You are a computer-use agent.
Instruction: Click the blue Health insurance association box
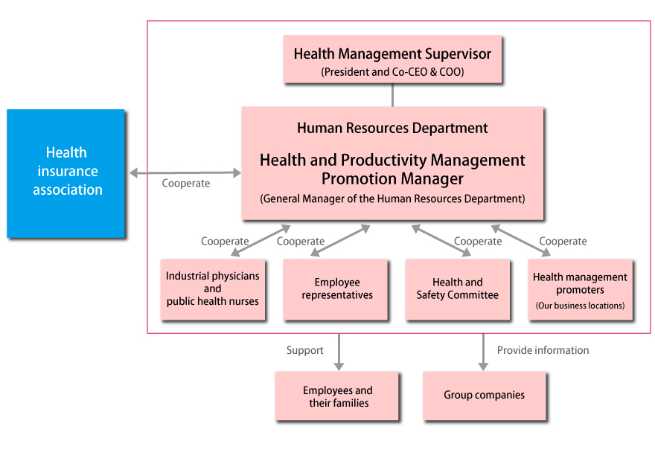[65, 172]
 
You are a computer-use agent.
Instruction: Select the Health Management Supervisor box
[392, 59]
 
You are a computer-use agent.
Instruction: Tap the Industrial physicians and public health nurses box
[213, 288]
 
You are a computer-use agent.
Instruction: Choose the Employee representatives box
[336, 288]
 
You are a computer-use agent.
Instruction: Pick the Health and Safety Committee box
[458, 288]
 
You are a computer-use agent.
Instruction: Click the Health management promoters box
[581, 288]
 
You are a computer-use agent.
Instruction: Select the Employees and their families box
[336, 396]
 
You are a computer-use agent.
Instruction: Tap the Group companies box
[484, 396]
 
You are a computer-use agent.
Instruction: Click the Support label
[305, 350]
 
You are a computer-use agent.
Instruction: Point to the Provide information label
[543, 350]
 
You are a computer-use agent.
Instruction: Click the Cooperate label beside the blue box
[186, 183]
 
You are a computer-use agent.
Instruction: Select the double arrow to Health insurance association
[185, 173]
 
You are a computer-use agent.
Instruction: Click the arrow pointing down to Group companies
[483, 351]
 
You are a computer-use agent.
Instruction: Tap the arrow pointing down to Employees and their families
[339, 351]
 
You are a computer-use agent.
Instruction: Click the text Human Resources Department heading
[392, 128]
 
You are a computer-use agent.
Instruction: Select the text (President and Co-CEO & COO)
[392, 72]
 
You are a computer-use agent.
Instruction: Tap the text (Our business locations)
[581, 306]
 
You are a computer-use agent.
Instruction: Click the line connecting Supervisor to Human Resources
[392, 94]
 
